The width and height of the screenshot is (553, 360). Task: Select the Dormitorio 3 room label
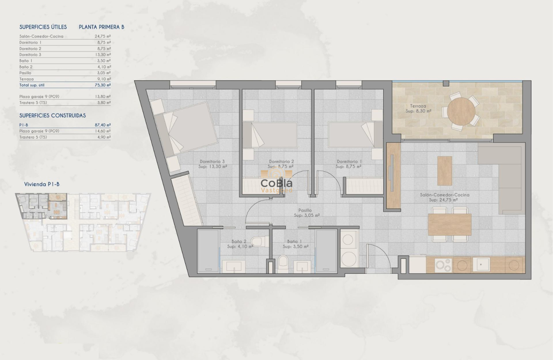click(x=212, y=162)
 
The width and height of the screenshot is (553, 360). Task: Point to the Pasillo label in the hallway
click(x=305, y=210)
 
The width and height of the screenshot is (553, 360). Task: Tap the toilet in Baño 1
click(x=283, y=262)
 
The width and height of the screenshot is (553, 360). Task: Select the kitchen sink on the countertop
click(x=481, y=265)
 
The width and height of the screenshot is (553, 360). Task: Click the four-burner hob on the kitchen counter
click(x=442, y=265)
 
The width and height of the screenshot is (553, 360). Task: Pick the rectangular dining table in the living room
click(x=449, y=224)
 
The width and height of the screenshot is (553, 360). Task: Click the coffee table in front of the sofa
click(x=445, y=171)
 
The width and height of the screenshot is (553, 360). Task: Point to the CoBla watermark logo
click(x=277, y=183)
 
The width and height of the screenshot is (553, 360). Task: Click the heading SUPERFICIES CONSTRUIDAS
click(x=53, y=116)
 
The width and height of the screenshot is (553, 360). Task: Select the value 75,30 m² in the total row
click(x=103, y=85)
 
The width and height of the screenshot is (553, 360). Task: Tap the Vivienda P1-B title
click(x=42, y=184)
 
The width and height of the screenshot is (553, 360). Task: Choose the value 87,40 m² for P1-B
click(x=103, y=125)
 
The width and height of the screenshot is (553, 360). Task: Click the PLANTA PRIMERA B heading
click(x=102, y=27)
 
